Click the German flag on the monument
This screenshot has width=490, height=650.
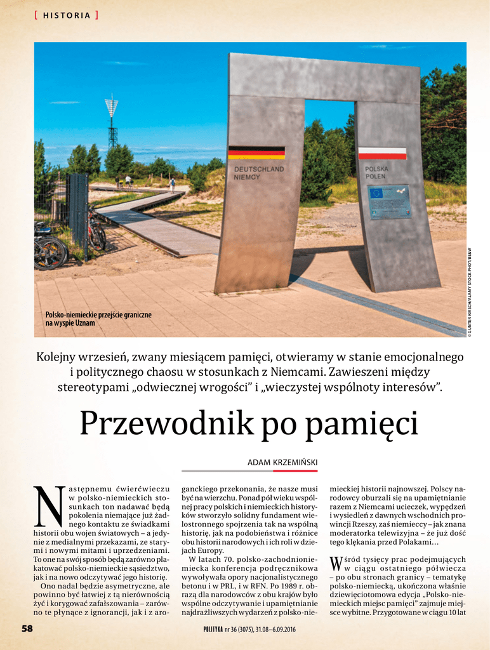(x=256, y=152)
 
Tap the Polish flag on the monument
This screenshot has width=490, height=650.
(x=382, y=154)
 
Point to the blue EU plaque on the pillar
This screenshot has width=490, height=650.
(x=388, y=201)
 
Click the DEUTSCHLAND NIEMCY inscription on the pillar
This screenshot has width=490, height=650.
(x=259, y=173)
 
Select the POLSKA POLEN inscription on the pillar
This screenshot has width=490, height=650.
(x=376, y=173)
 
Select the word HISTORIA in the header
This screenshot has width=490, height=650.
(x=67, y=16)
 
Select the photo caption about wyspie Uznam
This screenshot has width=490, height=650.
(x=98, y=319)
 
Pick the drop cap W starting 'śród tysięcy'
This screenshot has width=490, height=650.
(x=336, y=562)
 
